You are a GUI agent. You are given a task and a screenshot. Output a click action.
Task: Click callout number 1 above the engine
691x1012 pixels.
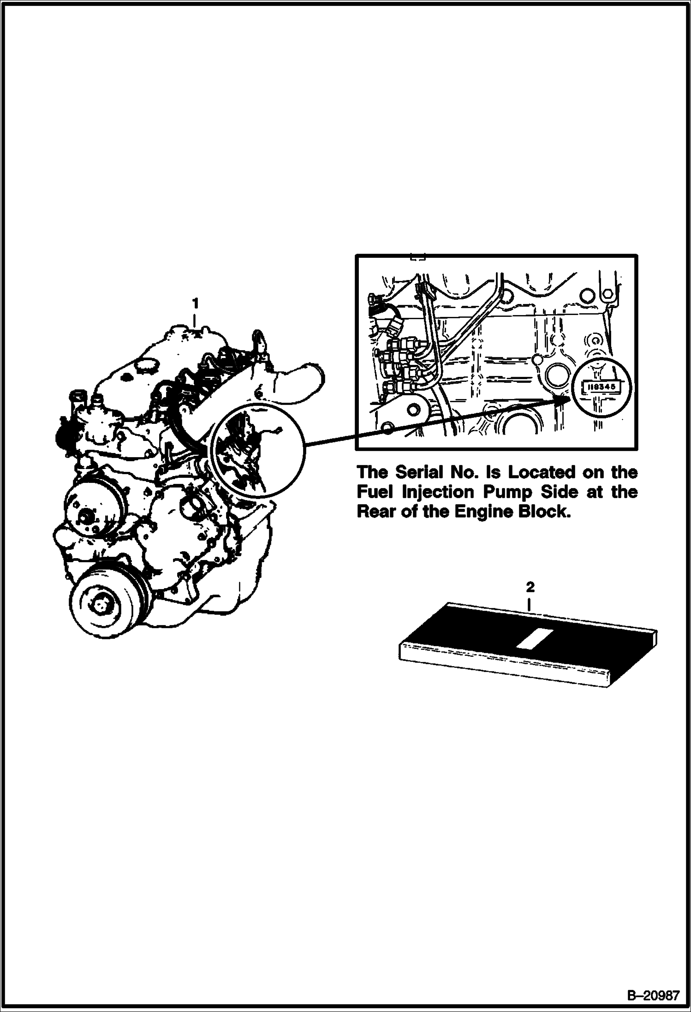[195, 304]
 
